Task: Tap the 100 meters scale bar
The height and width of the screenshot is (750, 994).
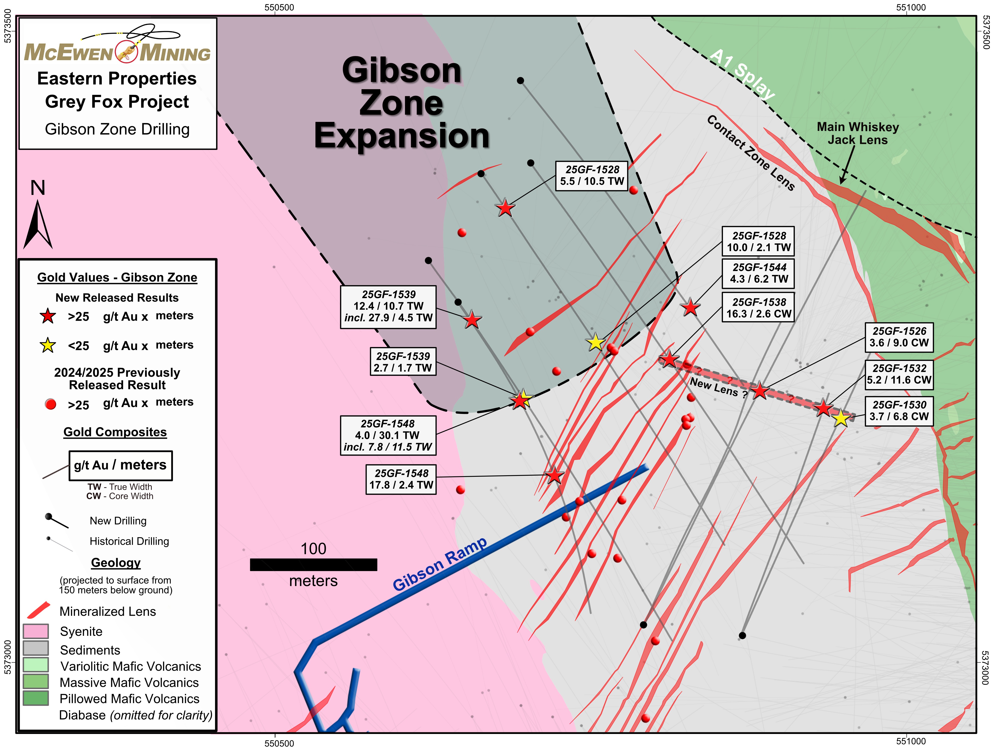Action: (x=313, y=564)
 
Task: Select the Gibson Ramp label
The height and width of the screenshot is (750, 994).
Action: (x=439, y=564)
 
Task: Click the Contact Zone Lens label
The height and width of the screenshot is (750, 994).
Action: (x=751, y=153)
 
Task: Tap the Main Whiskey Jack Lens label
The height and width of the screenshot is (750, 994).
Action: (x=857, y=133)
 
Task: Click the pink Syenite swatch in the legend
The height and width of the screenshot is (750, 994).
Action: (x=36, y=631)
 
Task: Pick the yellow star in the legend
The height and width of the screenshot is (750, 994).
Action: (x=48, y=345)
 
